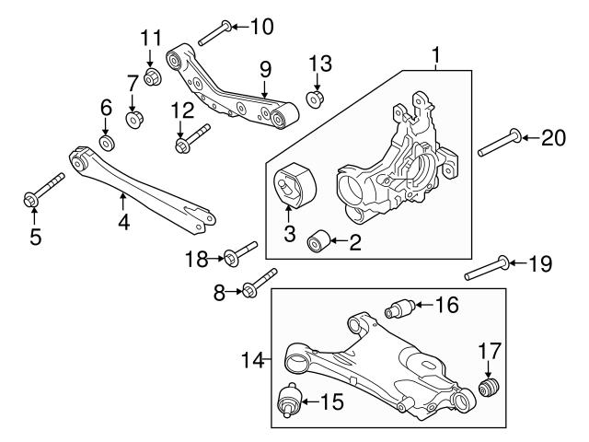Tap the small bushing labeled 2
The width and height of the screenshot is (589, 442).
point(319,242)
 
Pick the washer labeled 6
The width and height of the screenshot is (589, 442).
point(107,144)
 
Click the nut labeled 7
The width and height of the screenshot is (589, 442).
point(133,119)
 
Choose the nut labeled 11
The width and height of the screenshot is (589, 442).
point(153,75)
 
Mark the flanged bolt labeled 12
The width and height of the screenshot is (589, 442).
point(191,138)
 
